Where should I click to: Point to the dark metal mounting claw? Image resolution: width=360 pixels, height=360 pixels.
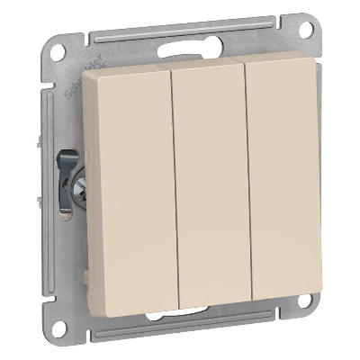tap(64, 175)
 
